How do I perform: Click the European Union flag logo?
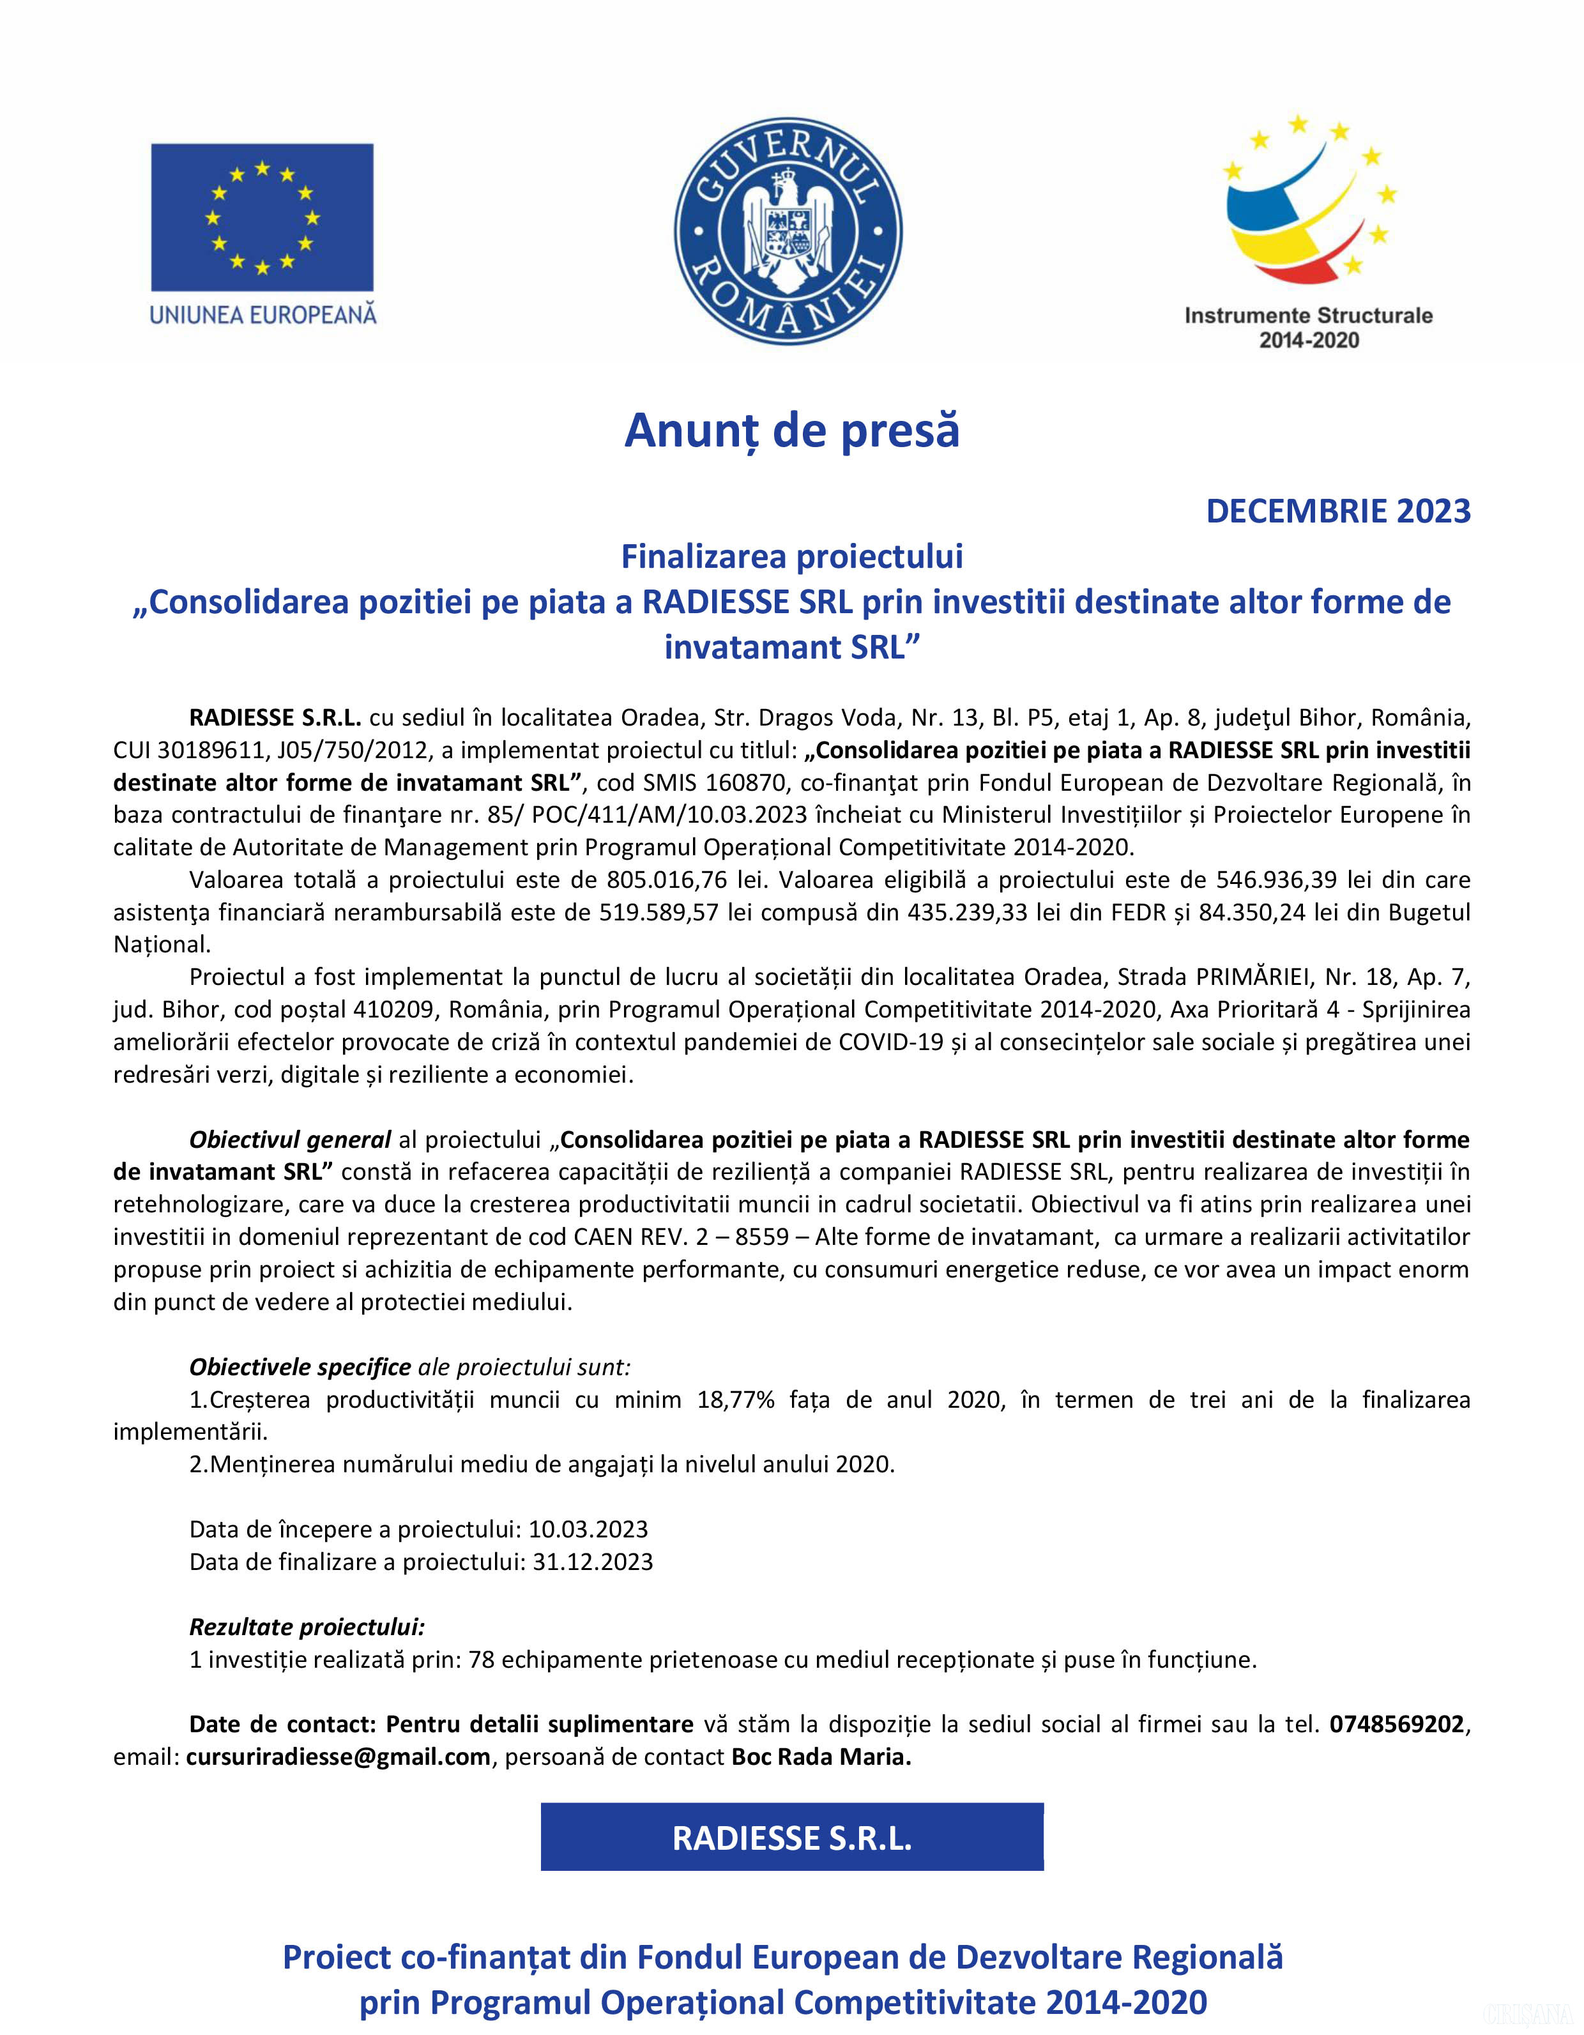pyautogui.click(x=262, y=217)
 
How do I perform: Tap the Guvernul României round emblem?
pyautogui.click(x=788, y=230)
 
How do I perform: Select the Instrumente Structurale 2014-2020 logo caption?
pyautogui.click(x=1308, y=327)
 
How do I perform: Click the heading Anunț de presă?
pyautogui.click(x=792, y=431)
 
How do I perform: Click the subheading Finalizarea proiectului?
pyautogui.click(x=792, y=556)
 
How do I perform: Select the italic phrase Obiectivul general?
pyautogui.click(x=290, y=1139)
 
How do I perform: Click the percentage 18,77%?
pyautogui.click(x=735, y=1399)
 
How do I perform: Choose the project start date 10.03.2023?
pyautogui.click(x=588, y=1529)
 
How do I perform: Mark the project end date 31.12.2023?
pyautogui.click(x=593, y=1562)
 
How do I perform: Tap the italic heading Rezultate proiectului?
pyautogui.click(x=307, y=1627)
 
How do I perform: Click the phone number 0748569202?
pyautogui.click(x=1397, y=1724)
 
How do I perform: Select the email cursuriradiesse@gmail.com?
pyautogui.click(x=339, y=1757)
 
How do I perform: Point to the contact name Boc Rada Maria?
pyautogui.click(x=821, y=1757)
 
